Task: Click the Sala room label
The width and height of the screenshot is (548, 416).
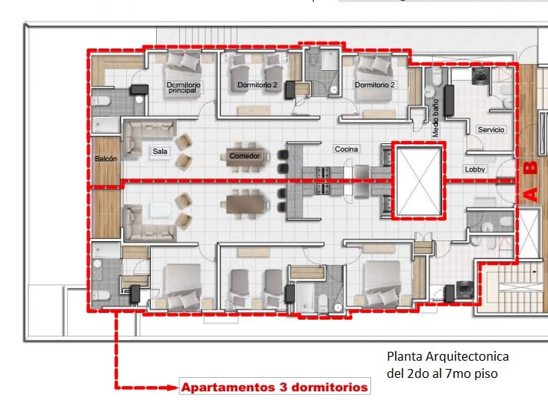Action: pyautogui.click(x=160, y=152)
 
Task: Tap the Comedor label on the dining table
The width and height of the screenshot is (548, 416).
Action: pyautogui.click(x=245, y=156)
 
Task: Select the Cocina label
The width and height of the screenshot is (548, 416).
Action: pyautogui.click(x=346, y=149)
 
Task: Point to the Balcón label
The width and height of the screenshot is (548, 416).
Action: pyautogui.click(x=105, y=159)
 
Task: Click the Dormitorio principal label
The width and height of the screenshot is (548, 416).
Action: pyautogui.click(x=183, y=87)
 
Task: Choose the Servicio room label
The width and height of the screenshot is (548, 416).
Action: pyautogui.click(x=491, y=130)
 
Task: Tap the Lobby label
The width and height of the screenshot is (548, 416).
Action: pyautogui.click(x=475, y=170)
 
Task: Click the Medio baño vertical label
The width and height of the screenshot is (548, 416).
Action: pyautogui.click(x=435, y=118)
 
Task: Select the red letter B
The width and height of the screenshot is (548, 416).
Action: pyautogui.click(x=531, y=167)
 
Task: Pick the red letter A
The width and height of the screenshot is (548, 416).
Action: pyautogui.click(x=531, y=195)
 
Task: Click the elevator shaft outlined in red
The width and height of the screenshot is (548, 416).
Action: pyautogui.click(x=419, y=181)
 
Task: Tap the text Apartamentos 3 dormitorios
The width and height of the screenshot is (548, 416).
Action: pyautogui.click(x=275, y=388)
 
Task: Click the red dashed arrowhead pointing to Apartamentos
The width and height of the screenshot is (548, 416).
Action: pyautogui.click(x=172, y=388)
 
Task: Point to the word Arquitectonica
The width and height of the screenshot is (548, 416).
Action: pyautogui.click(x=467, y=356)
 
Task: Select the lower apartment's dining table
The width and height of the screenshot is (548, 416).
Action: pyautogui.click(x=245, y=205)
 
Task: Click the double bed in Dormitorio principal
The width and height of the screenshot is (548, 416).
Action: pyautogui.click(x=183, y=75)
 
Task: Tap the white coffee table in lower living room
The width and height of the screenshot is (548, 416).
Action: pyautogui.click(x=161, y=211)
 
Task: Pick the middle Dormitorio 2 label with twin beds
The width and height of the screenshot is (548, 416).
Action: pyautogui.click(x=258, y=85)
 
